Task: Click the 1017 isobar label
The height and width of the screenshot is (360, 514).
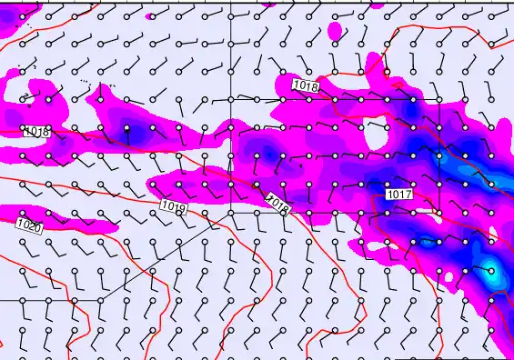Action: [399, 195]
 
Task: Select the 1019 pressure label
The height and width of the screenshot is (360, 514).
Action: [173, 207]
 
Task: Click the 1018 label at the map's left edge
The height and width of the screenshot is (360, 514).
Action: [36, 132]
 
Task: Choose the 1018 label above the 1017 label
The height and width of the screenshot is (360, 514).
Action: [306, 85]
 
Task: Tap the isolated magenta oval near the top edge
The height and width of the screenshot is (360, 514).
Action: [335, 31]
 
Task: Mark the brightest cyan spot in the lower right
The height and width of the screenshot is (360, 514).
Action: [492, 270]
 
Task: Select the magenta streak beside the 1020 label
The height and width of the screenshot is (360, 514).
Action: [77, 220]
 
